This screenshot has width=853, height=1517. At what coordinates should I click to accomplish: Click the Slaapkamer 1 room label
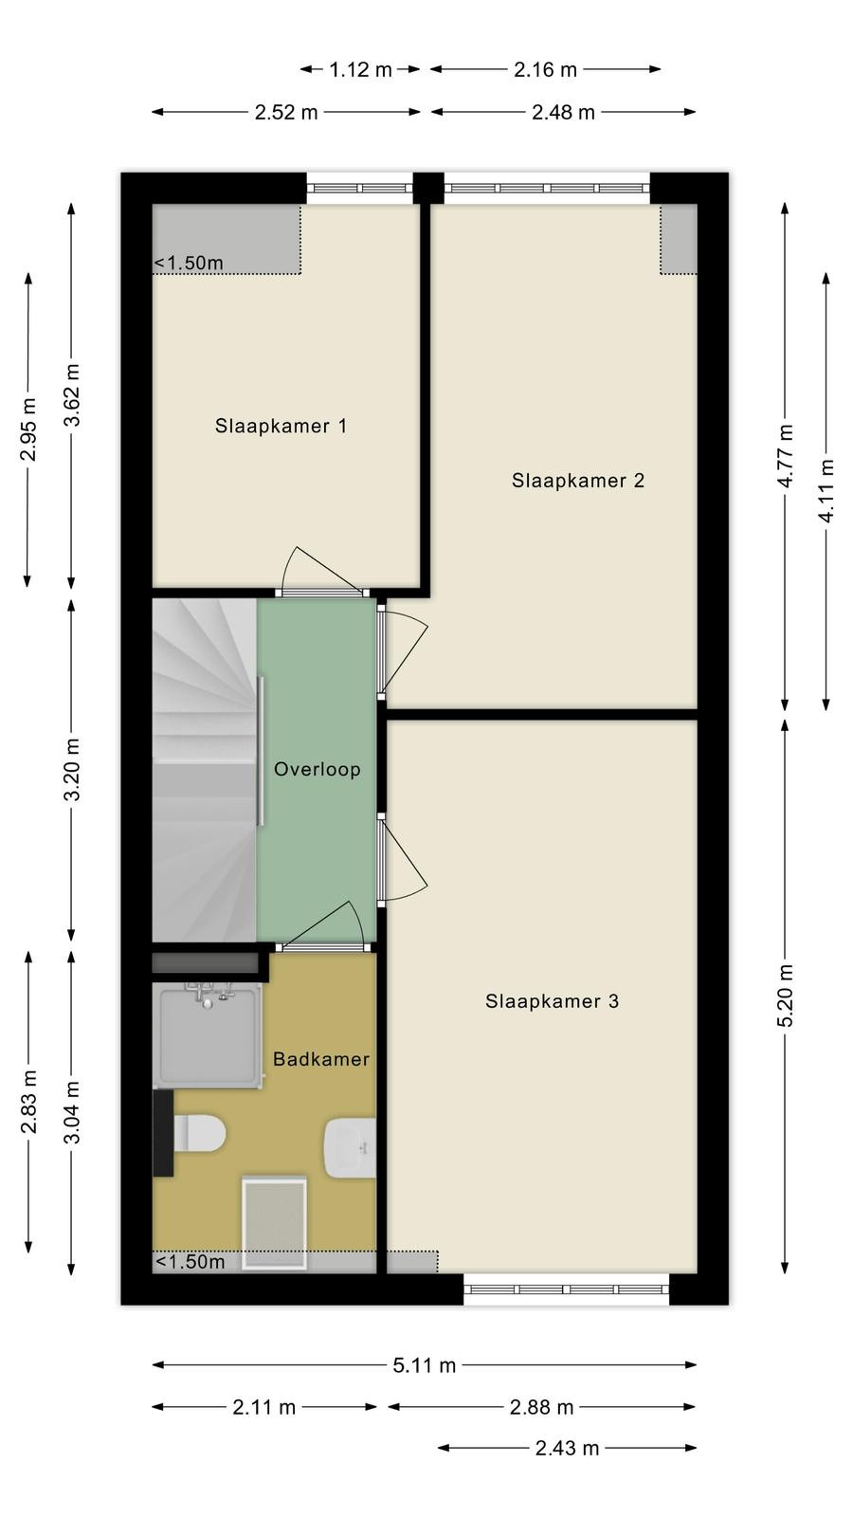tap(281, 426)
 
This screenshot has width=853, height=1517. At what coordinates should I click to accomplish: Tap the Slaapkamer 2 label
tap(577, 481)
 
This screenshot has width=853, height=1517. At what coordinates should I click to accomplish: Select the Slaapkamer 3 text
tap(552, 1001)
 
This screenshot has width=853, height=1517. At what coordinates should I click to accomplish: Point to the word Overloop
tap(317, 769)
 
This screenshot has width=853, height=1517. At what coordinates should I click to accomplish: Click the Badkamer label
tap(321, 1059)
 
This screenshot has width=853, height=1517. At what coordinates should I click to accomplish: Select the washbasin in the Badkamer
tap(350, 1148)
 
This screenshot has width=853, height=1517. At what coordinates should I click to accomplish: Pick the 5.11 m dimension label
tap(425, 1365)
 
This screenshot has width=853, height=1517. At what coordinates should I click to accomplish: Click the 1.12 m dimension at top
tap(360, 69)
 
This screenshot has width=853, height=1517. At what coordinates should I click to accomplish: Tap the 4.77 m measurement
tap(786, 456)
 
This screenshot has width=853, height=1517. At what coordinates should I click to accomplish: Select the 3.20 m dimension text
tap(72, 769)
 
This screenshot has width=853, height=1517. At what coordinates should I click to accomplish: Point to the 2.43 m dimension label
tap(568, 1448)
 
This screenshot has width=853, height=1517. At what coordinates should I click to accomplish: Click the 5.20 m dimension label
tap(786, 996)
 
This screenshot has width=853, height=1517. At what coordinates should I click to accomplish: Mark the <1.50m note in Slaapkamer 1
tap(189, 263)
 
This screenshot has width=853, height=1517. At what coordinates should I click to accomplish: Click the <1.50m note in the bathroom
tap(191, 1262)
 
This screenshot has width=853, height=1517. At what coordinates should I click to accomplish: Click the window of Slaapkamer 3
tap(567, 1289)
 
